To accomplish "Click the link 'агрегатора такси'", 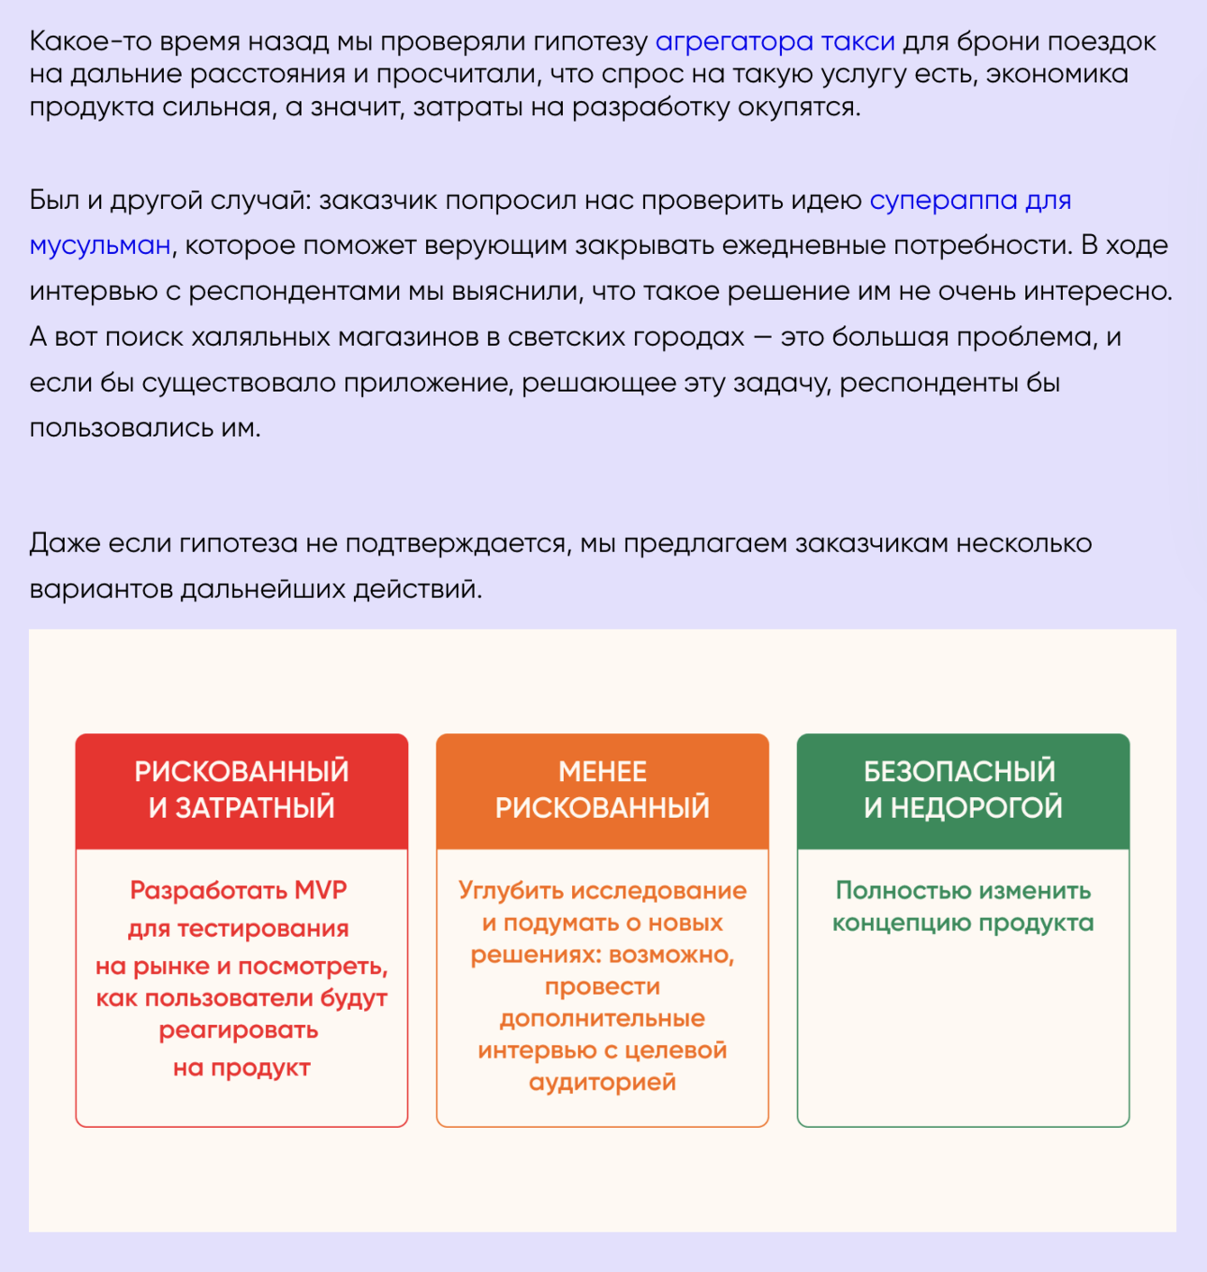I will pos(775,41).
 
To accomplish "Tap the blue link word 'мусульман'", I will pos(100,245).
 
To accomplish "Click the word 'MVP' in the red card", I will pos(321,890).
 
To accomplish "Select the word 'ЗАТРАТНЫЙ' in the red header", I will pos(255,807).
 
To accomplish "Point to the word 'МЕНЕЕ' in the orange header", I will pos(603,772).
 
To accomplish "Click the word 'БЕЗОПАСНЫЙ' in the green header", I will pos(959,772).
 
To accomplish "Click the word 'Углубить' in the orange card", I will pos(512,890).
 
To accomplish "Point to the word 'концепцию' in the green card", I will pos(902,922).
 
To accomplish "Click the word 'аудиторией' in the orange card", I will pos(603,1082).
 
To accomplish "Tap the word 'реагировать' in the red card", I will pos(239,1030).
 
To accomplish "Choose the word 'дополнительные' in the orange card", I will pos(603,1018).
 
